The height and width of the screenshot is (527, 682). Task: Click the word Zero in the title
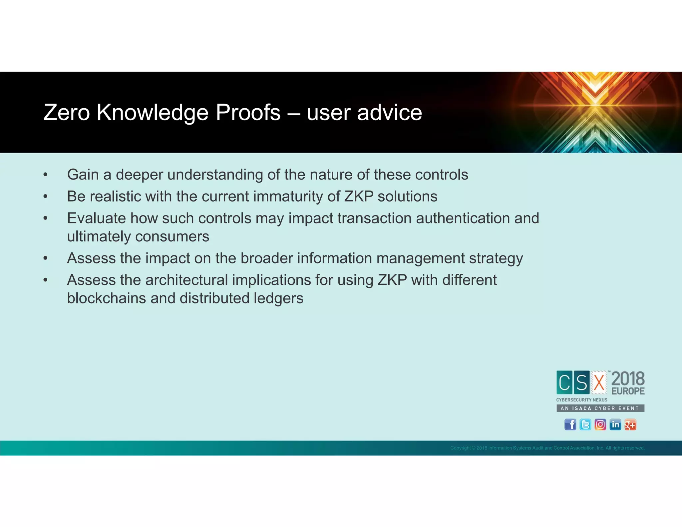pyautogui.click(x=67, y=112)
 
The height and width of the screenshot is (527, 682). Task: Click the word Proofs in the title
pyautogui.click(x=248, y=112)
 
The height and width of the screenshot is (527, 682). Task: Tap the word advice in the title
pyautogui.click(x=389, y=112)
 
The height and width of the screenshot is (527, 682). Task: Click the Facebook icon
pyautogui.click(x=570, y=425)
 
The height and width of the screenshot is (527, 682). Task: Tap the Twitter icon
pyautogui.click(x=585, y=425)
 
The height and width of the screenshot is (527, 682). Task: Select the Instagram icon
pyautogui.click(x=600, y=425)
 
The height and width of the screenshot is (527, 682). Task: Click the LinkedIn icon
pyautogui.click(x=615, y=425)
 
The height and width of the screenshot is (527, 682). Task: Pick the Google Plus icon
pyautogui.click(x=630, y=425)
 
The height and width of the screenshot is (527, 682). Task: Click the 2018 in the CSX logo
pyautogui.click(x=628, y=379)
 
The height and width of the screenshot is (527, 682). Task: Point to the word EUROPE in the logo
pyautogui.click(x=628, y=391)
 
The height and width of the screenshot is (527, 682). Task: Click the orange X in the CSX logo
pyautogui.click(x=599, y=382)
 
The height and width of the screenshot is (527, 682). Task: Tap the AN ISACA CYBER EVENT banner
pyautogui.click(x=600, y=408)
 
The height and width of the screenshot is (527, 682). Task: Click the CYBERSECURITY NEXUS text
pyautogui.click(x=581, y=400)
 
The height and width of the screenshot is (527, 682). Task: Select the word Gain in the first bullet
pyautogui.click(x=83, y=175)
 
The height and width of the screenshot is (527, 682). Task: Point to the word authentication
pyautogui.click(x=463, y=219)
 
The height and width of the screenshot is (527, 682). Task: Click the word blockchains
pyautogui.click(x=106, y=298)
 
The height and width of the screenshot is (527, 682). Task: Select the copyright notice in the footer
pyautogui.click(x=547, y=448)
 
